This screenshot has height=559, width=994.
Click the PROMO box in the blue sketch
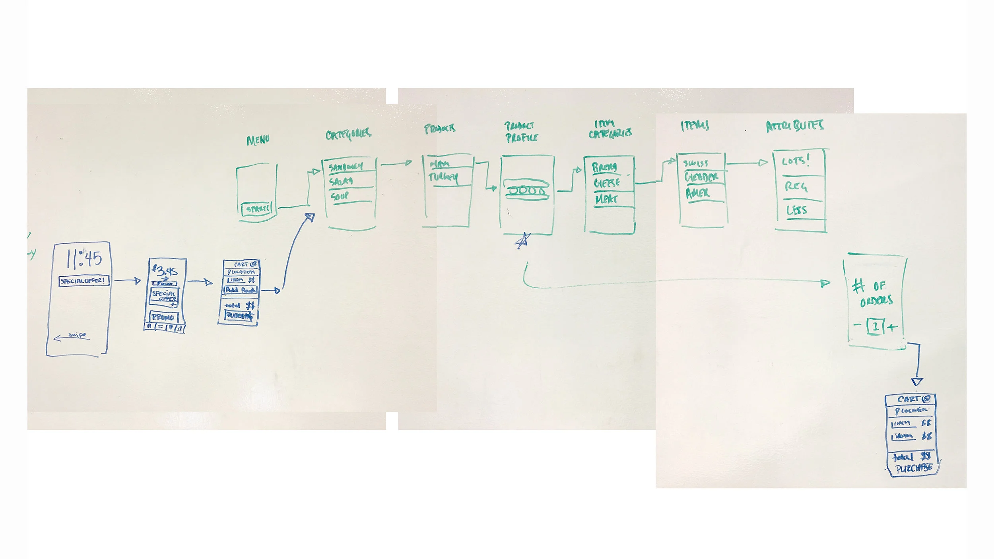pos(163,317)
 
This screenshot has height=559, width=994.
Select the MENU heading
pos(258,140)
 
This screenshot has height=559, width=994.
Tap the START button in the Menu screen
pos(258,209)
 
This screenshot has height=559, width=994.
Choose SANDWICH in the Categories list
pos(346,167)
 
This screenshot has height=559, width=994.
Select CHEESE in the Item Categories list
pos(607,183)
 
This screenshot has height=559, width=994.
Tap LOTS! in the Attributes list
pos(796,161)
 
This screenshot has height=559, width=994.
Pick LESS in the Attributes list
pos(797,210)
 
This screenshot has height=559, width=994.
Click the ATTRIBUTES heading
pos(795,126)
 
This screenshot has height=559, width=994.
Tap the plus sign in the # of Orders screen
pos(892,328)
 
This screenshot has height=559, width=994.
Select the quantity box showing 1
pos(875,326)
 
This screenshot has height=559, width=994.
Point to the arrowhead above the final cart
pos(916,382)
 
